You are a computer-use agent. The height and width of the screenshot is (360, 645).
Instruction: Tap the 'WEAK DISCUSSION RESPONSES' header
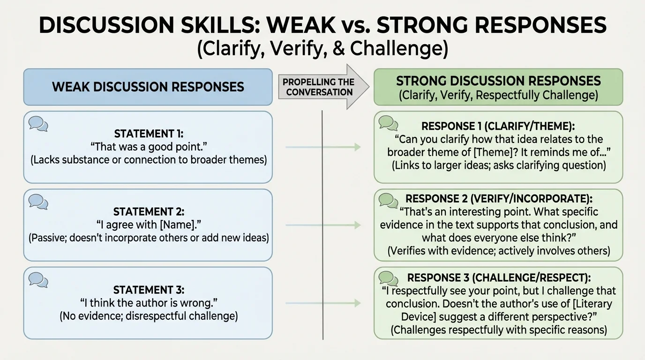pos(148,87)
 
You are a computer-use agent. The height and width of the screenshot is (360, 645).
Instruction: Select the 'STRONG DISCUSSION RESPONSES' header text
pos(498,81)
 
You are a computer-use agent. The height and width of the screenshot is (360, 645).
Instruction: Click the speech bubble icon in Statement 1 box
pos(38,124)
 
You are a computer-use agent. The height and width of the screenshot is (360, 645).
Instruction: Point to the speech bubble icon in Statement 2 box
pos(38,202)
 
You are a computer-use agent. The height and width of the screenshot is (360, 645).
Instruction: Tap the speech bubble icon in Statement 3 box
pos(38,279)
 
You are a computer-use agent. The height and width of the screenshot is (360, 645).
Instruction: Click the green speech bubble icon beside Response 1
pos(388,123)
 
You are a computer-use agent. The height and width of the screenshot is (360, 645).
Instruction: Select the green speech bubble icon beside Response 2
pos(388,200)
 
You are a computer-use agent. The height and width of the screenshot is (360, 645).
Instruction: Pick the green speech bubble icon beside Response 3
pos(388,278)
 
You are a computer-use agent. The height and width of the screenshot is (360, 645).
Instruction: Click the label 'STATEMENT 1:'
pos(149,134)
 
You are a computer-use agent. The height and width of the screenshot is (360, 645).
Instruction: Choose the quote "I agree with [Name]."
pos(149,225)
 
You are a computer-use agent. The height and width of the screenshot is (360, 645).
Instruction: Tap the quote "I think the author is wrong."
pos(149,302)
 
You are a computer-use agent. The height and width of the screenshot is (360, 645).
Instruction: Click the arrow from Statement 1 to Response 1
pos(323,147)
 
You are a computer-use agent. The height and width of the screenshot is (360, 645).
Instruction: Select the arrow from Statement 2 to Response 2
pos(323,225)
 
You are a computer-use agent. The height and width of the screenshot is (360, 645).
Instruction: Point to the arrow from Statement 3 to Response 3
pos(323,303)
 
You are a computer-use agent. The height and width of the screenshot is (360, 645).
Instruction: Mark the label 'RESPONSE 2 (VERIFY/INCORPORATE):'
pos(498,199)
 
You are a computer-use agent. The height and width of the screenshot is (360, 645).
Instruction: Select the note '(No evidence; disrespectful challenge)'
pos(149,316)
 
